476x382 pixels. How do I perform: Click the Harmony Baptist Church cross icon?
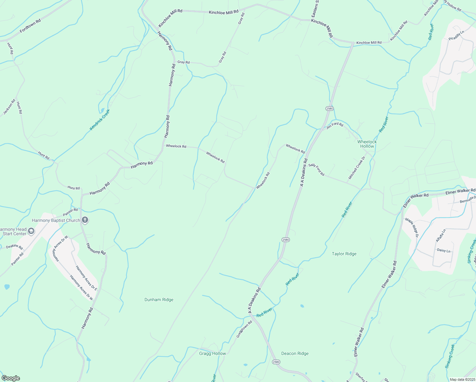[x=85, y=220]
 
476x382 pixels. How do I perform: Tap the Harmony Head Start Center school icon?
[x=31, y=231]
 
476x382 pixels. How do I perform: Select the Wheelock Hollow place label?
[x=367, y=144]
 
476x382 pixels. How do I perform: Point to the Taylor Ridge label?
[x=344, y=254]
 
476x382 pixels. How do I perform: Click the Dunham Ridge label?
[x=159, y=300]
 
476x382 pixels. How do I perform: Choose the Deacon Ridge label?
[x=295, y=353]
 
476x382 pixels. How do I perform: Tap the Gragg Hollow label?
[x=212, y=353]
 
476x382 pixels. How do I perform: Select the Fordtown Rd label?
[x=30, y=26]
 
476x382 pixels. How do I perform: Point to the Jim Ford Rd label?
[x=335, y=125]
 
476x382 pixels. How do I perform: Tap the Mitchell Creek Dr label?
[x=357, y=167]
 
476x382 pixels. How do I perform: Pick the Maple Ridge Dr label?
[x=411, y=227]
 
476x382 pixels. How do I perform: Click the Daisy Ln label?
[x=444, y=251]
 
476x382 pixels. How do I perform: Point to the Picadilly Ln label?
[x=456, y=35]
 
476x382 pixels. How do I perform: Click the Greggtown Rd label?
[x=244, y=329]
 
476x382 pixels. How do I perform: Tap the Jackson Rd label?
[x=9, y=107]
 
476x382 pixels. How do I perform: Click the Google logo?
[x=10, y=378]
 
